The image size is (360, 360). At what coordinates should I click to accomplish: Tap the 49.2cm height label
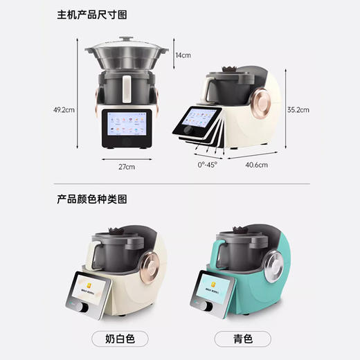click(64, 109)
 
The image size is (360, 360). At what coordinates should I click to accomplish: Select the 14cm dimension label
click(183, 55)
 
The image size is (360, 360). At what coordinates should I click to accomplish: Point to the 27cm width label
click(126, 167)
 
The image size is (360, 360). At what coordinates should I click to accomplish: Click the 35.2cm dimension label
click(298, 110)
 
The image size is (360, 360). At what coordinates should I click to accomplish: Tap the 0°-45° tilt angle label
click(207, 166)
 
